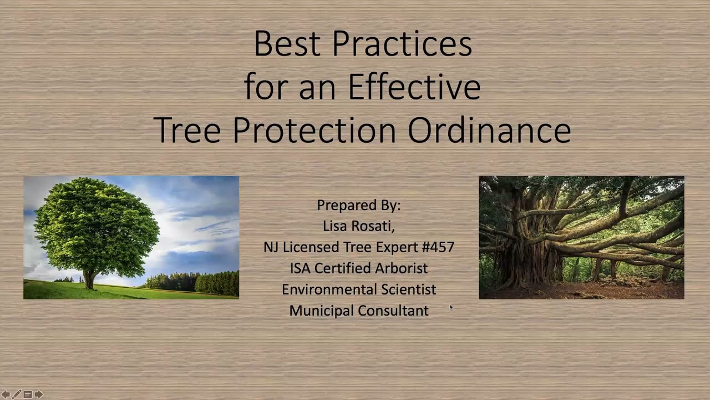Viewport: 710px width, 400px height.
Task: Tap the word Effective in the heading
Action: click(x=414, y=87)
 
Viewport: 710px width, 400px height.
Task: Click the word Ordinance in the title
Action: click(x=489, y=131)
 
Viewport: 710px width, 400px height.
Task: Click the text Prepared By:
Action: click(x=358, y=205)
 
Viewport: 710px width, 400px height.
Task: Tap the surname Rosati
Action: click(x=375, y=226)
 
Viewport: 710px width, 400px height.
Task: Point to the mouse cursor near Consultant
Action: click(x=451, y=307)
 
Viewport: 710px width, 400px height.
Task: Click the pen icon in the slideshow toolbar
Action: click(x=17, y=394)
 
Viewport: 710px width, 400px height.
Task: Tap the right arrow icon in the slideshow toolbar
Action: click(x=38, y=394)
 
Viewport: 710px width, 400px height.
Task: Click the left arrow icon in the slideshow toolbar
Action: click(x=6, y=394)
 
